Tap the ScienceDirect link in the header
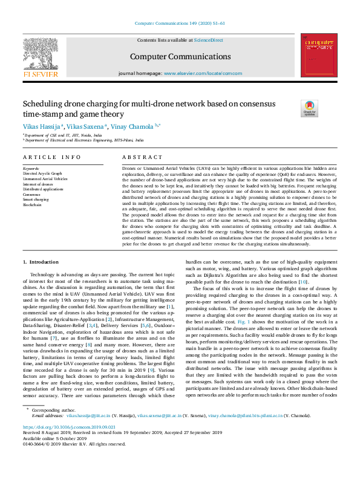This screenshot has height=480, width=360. pos(208,40)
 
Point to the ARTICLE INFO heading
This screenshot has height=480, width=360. pos(51,157)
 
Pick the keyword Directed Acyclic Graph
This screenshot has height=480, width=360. pos(42,174)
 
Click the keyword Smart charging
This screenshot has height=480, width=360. pos(36,199)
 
